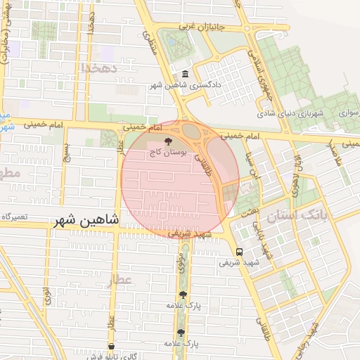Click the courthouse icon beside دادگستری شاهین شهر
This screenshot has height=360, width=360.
[x=185, y=75]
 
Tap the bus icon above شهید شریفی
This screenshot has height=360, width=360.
[x=240, y=252]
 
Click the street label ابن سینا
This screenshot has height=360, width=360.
[x=251, y=168]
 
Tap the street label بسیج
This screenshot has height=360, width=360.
[x=67, y=151]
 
